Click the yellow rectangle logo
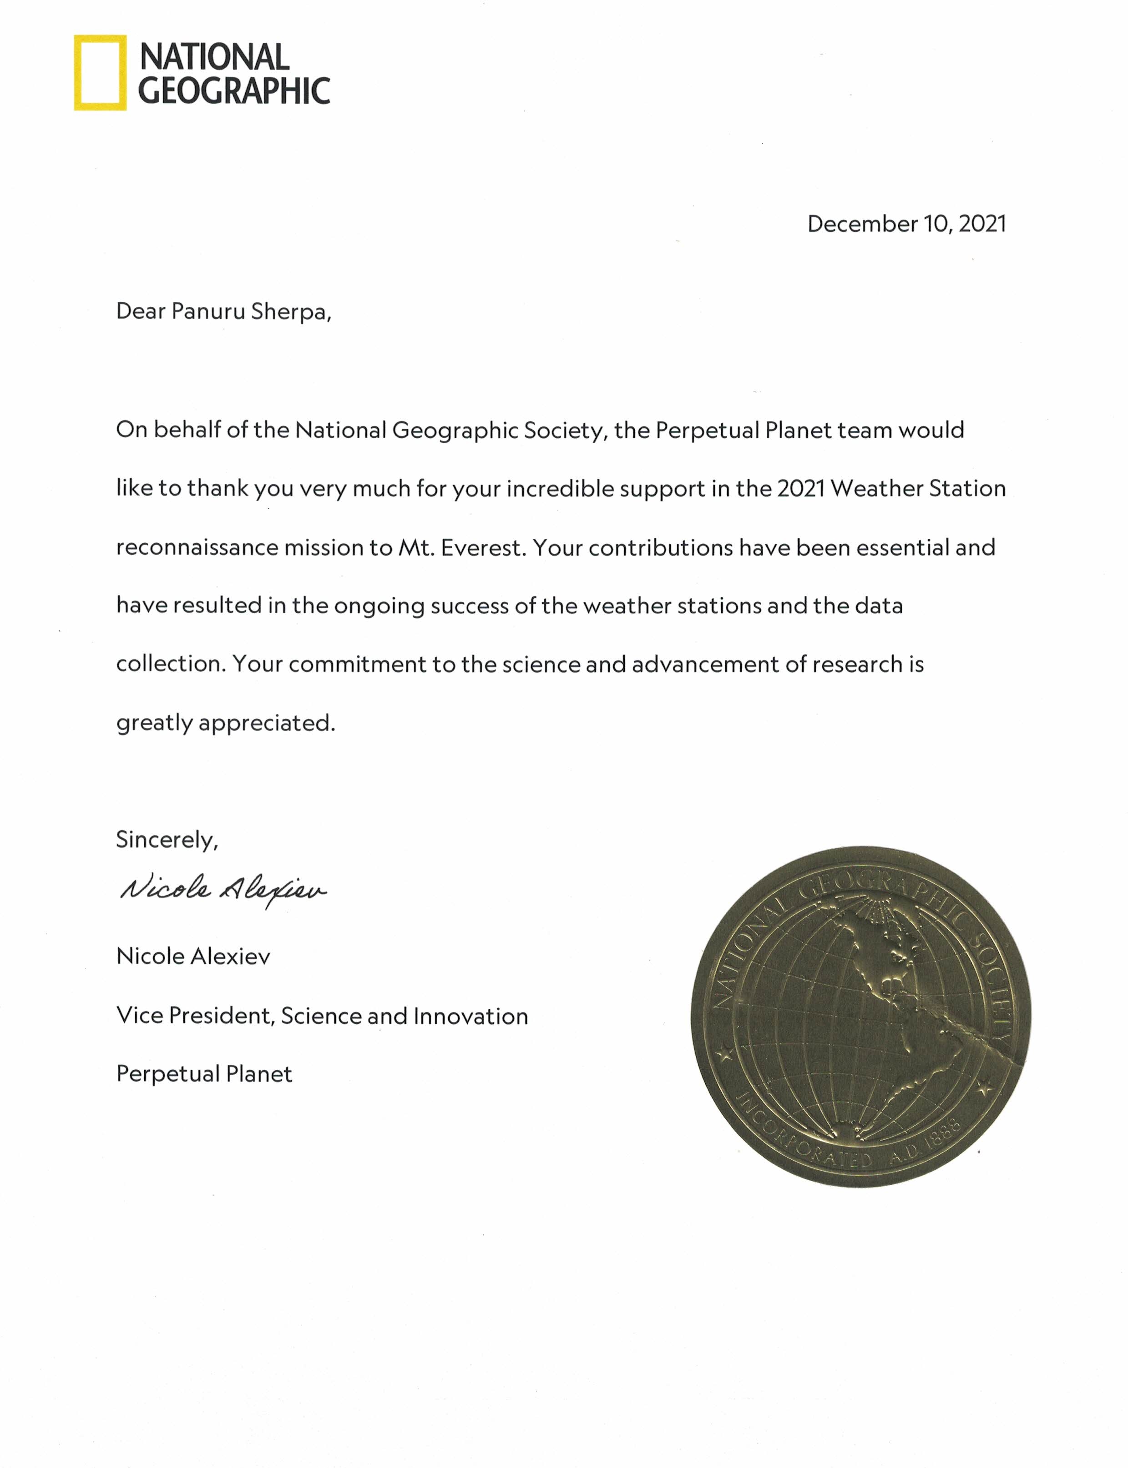coord(100,72)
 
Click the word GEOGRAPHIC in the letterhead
coord(234,91)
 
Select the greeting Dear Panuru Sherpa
coord(223,311)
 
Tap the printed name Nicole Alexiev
coord(193,956)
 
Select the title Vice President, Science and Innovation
coord(322,1016)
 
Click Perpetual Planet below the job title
coord(204,1074)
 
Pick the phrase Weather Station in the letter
coord(918,488)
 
